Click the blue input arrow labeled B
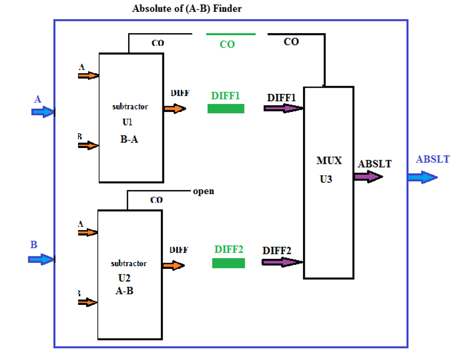41,259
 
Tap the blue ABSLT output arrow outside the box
422,177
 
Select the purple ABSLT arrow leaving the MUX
368,177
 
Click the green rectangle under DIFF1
225,109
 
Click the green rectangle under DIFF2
228,263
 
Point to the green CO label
227,44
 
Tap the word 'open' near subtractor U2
203,191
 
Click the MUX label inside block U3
329,161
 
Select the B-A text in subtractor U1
129,139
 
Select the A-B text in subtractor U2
124,291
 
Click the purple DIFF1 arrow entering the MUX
283,108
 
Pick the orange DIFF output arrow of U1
175,107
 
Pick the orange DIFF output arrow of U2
174,264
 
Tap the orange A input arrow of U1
88,75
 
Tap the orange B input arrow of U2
87,302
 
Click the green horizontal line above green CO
231,34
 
